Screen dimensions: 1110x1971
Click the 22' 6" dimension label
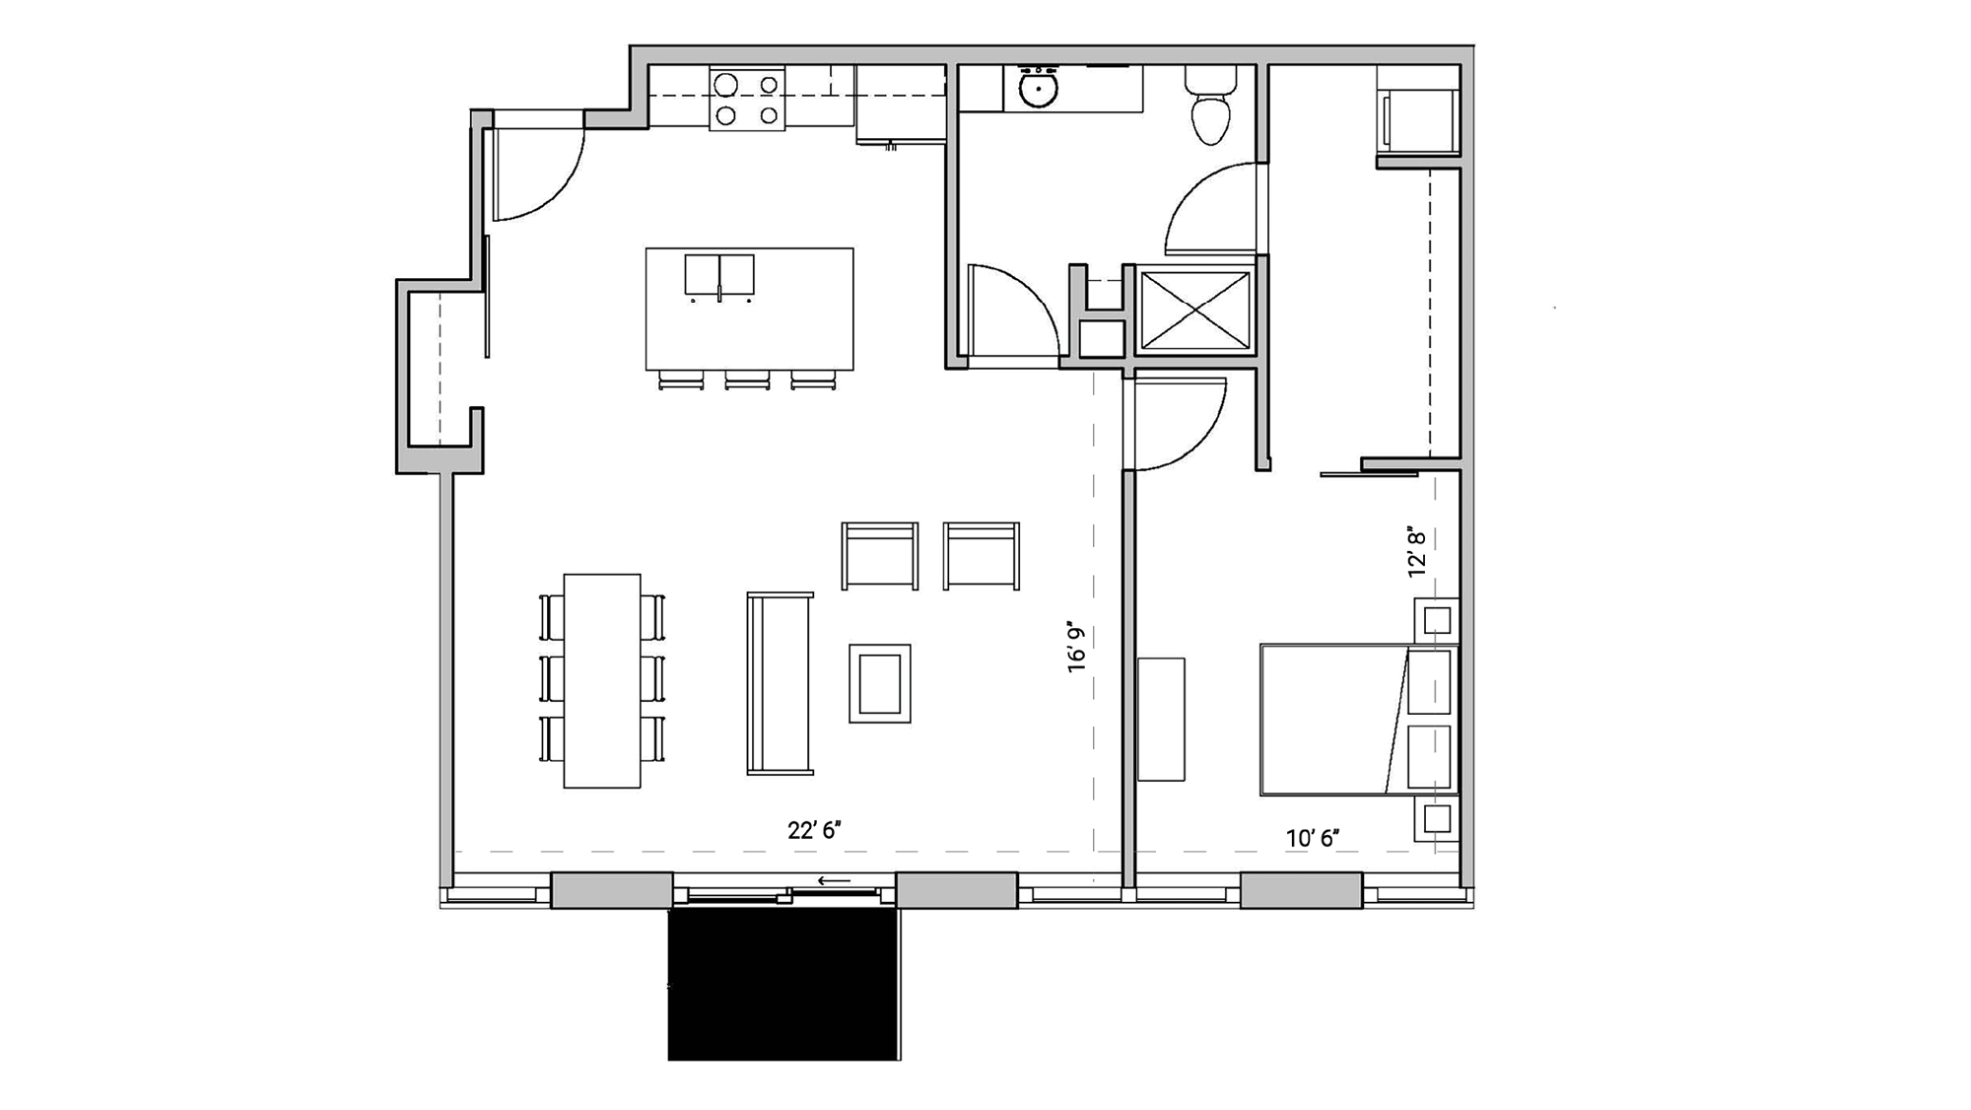pos(814,831)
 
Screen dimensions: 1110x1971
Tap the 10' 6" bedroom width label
pos(1313,839)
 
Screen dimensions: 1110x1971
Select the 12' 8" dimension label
pos(1417,551)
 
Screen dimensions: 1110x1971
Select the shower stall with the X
pos(1194,310)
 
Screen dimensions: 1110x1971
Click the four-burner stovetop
pos(747,100)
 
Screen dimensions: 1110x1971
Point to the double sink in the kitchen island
pos(719,275)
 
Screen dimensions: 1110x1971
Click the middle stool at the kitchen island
pos(747,380)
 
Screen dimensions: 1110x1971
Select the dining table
pos(602,680)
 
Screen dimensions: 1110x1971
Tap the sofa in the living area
pos(780,682)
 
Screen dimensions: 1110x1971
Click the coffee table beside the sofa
pos(880,683)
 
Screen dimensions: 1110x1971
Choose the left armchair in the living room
pos(880,556)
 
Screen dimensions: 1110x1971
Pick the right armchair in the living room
pos(982,556)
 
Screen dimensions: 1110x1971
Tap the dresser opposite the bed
pos(1161,719)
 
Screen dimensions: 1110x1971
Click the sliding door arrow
pos(834,880)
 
